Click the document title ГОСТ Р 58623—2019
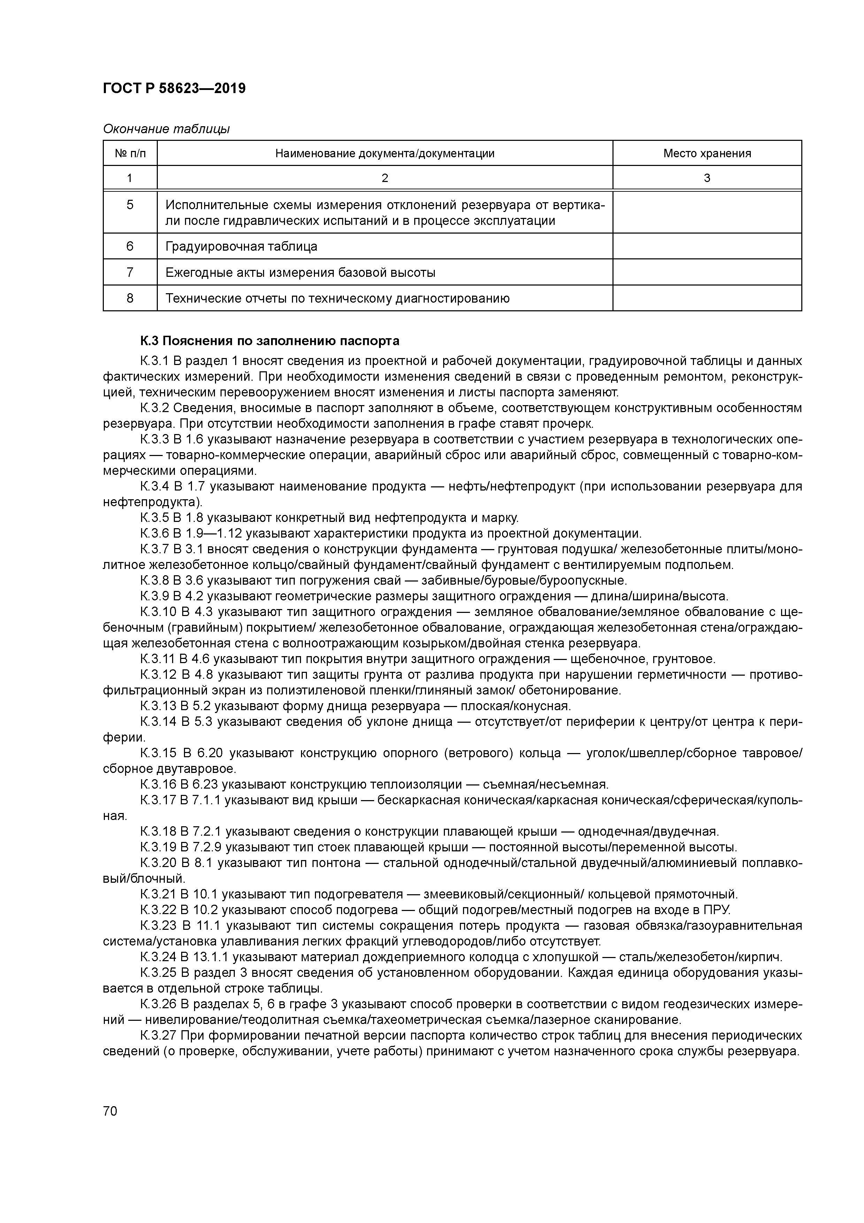coord(174,89)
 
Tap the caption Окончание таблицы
coord(166,129)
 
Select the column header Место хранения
coord(707,153)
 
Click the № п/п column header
coord(130,153)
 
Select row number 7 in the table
coord(130,273)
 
